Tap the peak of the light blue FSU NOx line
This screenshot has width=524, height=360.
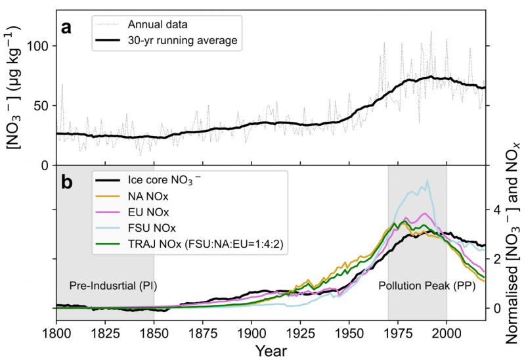tap(427, 181)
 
